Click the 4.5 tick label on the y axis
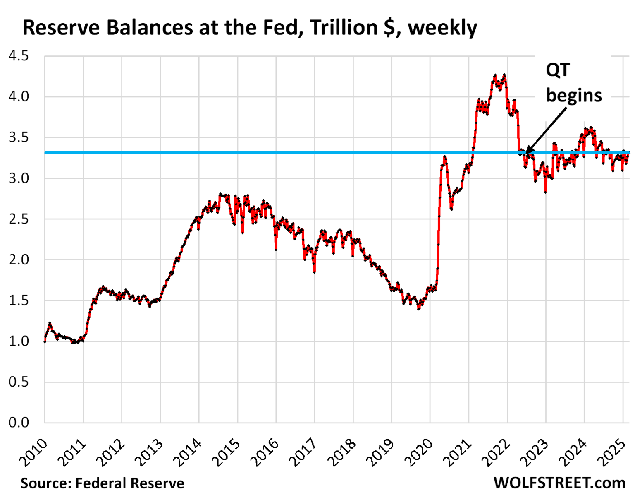19,56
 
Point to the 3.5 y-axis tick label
19,137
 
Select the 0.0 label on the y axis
19,423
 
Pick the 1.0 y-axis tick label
19,341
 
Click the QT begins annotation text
573,83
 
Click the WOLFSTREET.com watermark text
559,483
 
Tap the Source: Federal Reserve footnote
103,483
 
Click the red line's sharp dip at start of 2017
314,272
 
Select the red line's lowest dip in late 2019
418,308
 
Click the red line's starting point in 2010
45,341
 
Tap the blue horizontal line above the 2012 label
122,153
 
